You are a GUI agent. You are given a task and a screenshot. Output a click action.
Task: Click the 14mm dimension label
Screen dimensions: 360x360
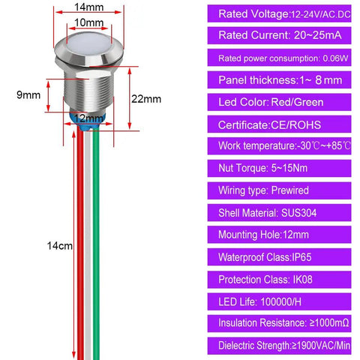coord(89,7)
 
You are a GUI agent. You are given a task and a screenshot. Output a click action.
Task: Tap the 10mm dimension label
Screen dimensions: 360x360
coord(89,22)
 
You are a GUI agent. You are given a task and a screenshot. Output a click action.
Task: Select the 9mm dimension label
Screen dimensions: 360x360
coord(28,95)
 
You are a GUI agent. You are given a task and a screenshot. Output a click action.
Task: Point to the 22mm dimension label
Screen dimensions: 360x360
coord(146,99)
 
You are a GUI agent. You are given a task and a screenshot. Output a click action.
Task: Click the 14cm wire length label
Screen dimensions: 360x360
coord(60,246)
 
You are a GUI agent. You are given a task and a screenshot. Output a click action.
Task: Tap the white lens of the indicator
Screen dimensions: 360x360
coord(88,44)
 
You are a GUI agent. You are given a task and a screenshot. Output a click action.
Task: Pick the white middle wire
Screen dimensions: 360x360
coord(88,245)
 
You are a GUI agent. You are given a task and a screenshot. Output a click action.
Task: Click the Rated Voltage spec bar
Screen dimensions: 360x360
coord(279,13)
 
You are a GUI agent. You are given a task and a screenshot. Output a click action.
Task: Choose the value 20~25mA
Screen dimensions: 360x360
coord(317,35)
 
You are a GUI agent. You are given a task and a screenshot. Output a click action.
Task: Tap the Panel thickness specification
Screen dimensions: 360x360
coord(279,80)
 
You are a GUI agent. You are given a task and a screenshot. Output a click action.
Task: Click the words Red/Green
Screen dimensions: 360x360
coord(297,102)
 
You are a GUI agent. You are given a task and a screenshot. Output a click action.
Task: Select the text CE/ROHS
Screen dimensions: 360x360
coord(296,125)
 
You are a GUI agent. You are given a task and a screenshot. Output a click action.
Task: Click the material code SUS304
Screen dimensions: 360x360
coord(299,213)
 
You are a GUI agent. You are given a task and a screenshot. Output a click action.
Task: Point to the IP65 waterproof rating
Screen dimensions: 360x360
coord(301,257)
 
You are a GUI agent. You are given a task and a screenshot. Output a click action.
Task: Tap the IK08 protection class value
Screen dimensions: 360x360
coord(302,280)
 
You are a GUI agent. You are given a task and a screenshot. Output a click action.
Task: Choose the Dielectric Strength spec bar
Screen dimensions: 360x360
coord(279,346)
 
